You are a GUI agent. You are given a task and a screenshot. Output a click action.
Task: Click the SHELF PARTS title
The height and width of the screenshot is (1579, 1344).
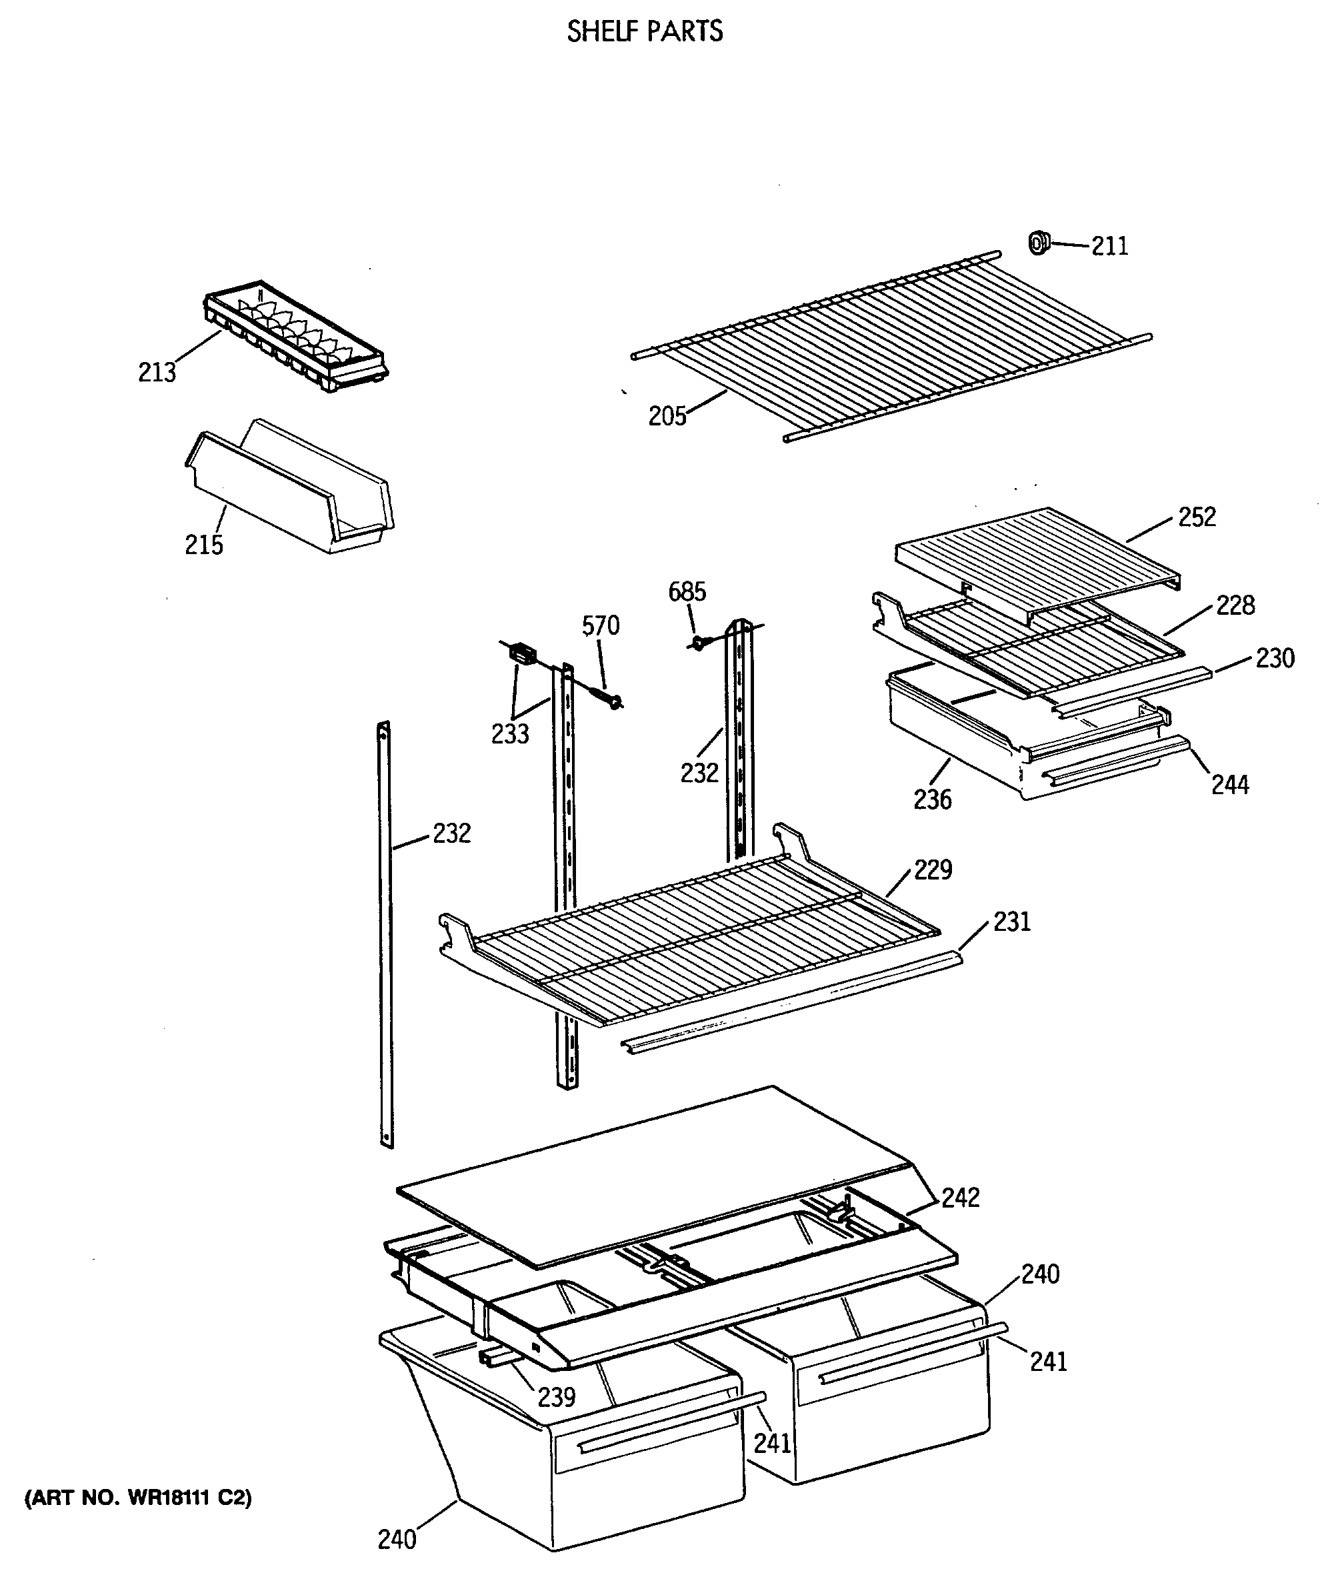[645, 31]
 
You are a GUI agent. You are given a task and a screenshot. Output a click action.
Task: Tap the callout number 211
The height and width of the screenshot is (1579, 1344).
[1109, 246]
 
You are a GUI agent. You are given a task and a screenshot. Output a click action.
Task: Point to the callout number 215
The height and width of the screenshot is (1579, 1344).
[203, 545]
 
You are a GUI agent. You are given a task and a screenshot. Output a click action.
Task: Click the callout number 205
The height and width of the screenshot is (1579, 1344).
[667, 416]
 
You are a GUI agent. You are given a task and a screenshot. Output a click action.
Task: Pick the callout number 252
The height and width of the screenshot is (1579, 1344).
[1197, 517]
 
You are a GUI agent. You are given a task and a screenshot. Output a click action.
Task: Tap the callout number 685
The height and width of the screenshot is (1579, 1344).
[687, 591]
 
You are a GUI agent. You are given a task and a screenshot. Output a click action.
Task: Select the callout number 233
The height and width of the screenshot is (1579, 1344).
[510, 734]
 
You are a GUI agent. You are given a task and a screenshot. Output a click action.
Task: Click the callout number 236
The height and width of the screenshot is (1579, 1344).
[933, 800]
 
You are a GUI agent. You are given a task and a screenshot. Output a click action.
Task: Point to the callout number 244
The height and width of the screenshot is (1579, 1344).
[1230, 785]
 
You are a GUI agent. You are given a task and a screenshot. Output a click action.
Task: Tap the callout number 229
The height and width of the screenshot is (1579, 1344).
[933, 870]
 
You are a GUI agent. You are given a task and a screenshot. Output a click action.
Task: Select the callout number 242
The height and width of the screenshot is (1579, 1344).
[960, 1198]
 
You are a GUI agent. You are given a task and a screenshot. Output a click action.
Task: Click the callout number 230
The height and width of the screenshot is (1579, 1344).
[1275, 658]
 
